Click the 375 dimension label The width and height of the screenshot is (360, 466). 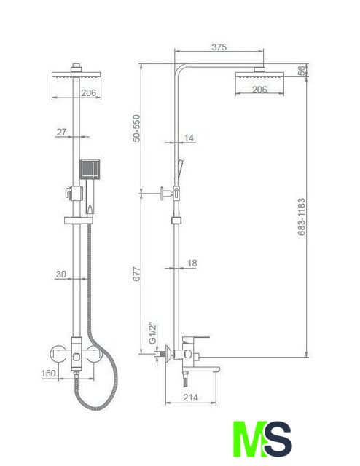click(219, 47)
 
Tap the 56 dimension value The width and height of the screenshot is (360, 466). click(302, 71)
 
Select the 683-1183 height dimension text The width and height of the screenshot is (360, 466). click(302, 217)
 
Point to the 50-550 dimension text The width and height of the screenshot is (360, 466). click(136, 128)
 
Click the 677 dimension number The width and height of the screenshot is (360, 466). click(136, 274)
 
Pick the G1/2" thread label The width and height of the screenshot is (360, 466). click(152, 333)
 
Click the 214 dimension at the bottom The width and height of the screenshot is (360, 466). click(190, 397)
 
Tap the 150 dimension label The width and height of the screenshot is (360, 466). click(49, 373)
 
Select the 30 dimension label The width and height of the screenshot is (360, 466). click(61, 274)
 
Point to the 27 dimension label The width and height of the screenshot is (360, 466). click(61, 132)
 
